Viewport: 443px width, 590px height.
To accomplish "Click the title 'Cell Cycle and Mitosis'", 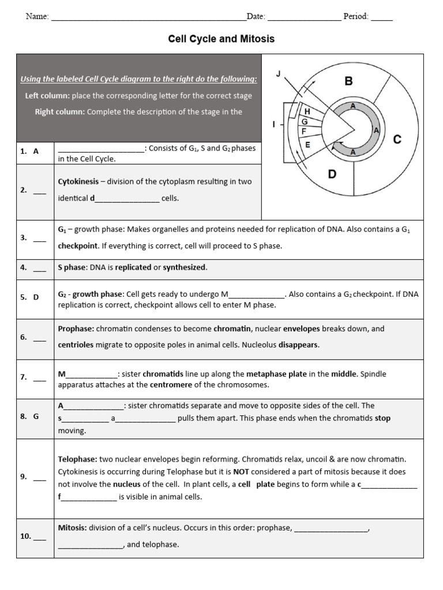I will (x=221, y=39).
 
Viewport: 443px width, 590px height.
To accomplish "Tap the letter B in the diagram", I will (x=348, y=82).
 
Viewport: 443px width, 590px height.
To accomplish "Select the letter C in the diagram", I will (x=397, y=139).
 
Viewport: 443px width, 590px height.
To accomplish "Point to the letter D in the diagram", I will (x=332, y=173).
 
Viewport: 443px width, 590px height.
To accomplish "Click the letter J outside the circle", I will (x=279, y=74).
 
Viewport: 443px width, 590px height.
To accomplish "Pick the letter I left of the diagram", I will (x=273, y=124).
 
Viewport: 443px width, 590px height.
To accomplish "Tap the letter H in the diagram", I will (x=307, y=111).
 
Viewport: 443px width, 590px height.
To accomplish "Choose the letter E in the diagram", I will (x=307, y=145).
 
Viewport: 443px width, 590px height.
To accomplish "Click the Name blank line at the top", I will (x=148, y=17).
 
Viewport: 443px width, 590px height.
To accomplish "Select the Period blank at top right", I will (x=381, y=17).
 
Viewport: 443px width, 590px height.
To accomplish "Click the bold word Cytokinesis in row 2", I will (x=77, y=181).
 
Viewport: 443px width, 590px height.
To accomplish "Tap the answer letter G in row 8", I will (x=36, y=415).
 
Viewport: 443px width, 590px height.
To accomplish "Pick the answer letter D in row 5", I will (x=36, y=297).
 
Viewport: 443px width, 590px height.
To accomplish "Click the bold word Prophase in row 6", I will (x=76, y=329).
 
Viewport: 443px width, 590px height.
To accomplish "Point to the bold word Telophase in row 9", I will (x=77, y=459).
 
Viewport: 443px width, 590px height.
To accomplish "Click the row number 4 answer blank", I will (x=39, y=268).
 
